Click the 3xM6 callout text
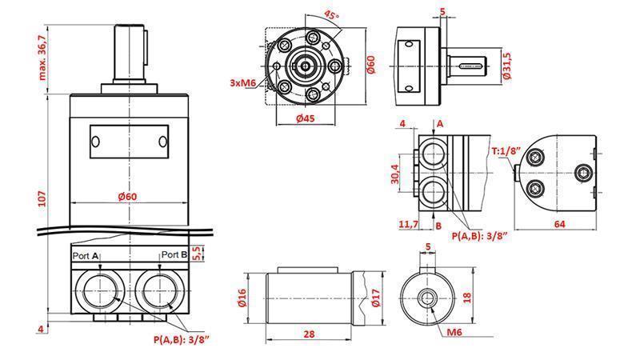(x=243, y=83)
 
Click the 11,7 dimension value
(x=409, y=225)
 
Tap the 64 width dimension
(x=560, y=224)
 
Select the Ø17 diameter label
(x=377, y=299)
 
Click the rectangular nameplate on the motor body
(x=129, y=142)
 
